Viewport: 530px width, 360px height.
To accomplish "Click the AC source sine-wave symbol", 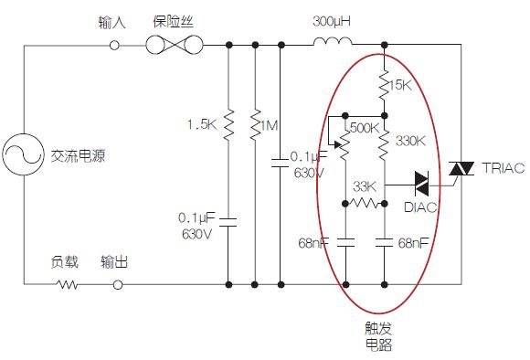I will click(x=24, y=156).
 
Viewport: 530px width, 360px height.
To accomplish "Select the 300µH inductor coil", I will click(x=332, y=43).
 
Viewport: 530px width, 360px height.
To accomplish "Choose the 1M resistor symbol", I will click(x=253, y=124).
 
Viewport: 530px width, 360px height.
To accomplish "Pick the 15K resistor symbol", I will click(x=384, y=84).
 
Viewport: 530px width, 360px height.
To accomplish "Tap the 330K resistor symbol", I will click(x=384, y=141).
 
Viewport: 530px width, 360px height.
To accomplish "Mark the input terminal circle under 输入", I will click(x=115, y=43).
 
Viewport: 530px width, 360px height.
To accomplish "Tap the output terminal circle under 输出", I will click(x=116, y=284).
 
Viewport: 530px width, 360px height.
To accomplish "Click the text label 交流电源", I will click(x=78, y=156).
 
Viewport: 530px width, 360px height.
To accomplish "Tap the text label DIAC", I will click(x=420, y=207).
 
